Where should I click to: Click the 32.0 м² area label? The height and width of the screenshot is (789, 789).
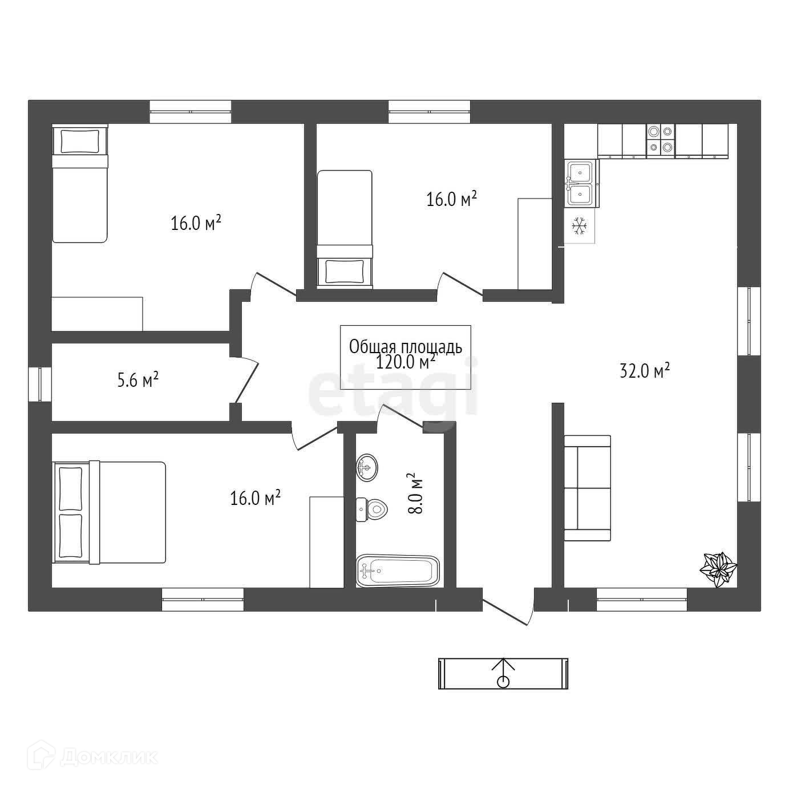click(x=644, y=371)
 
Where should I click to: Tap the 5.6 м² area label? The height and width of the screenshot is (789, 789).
click(x=137, y=380)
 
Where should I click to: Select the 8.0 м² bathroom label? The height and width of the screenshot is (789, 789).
click(x=415, y=493)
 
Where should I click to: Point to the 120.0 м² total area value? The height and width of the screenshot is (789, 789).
click(x=406, y=362)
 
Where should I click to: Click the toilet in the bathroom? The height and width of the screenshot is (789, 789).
click(x=372, y=509)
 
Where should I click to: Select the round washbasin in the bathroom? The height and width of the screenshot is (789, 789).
click(x=367, y=468)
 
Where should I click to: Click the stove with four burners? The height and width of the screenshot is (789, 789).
click(x=660, y=140)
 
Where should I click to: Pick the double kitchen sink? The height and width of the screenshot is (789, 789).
click(x=581, y=183)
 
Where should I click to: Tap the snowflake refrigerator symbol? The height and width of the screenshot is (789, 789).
click(x=580, y=226)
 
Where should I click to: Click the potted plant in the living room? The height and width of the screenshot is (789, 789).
click(x=718, y=568)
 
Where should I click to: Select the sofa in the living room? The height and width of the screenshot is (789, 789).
click(x=587, y=488)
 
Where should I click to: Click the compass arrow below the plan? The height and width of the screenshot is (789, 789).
click(x=503, y=673)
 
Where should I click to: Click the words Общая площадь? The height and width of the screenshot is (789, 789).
click(x=405, y=346)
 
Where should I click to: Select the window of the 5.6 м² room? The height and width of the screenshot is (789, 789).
click(x=41, y=383)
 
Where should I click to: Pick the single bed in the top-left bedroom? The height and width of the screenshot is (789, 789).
click(x=80, y=184)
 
